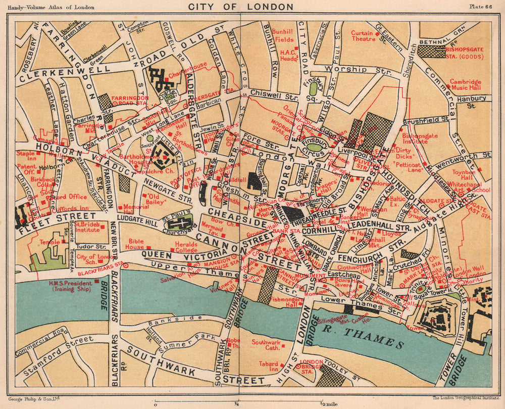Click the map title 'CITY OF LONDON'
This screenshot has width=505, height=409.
click(240, 7)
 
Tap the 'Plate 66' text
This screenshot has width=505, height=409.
click(483, 6)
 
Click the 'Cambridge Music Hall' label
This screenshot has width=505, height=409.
click(465, 84)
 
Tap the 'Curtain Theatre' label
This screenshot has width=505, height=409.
click(362, 36)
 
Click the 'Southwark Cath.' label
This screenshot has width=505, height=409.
click(266, 345)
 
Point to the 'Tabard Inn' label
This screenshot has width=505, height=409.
click(268, 367)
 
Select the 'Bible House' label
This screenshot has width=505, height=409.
click(136, 244)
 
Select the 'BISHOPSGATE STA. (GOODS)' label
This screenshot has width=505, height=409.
click(464, 53)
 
